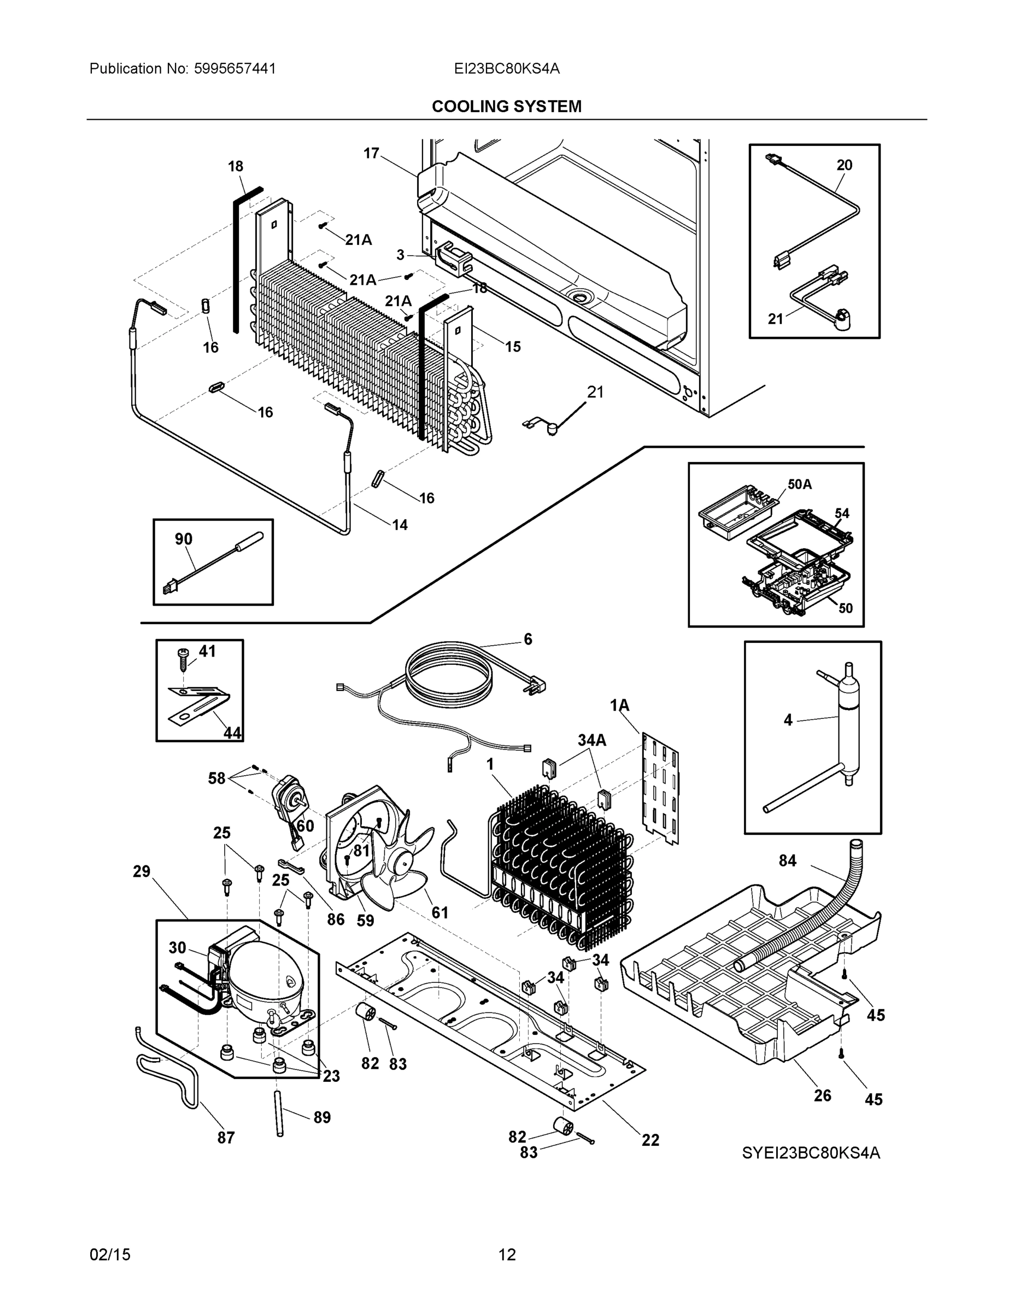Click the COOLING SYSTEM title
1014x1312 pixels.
pos(506,107)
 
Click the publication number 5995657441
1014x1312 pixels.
pos(235,68)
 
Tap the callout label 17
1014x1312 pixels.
pos(371,153)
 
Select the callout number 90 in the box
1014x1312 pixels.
pos(183,539)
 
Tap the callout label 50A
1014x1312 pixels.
pos(799,484)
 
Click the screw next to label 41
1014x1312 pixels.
pos(181,661)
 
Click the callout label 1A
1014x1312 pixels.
pos(619,705)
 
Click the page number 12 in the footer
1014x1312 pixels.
pos(507,1255)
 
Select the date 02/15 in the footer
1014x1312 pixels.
pos(110,1255)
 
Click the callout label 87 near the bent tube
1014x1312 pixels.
pos(226,1137)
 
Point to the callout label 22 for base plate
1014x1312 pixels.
pos(650,1140)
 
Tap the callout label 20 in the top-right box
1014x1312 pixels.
pos(844,165)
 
